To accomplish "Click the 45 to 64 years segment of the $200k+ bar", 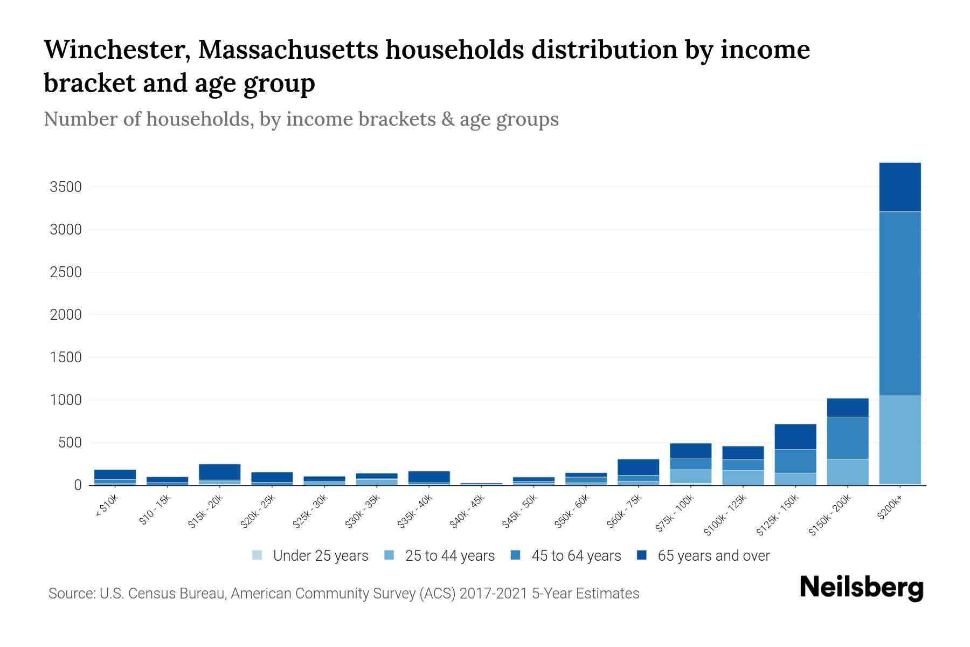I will (899, 304).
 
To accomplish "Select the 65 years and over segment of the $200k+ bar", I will (899, 187).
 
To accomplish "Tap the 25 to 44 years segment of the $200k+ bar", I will (899, 440).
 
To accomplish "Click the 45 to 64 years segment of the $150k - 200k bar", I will (847, 438).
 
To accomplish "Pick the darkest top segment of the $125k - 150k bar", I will (795, 437).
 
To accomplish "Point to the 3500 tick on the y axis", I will (65, 187).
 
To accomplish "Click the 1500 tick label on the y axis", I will (65, 357).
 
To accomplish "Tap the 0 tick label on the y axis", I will (78, 485).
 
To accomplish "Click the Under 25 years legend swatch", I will (258, 555).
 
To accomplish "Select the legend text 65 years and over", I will (713, 556).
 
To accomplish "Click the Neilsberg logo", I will (861, 588).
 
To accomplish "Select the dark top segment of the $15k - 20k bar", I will (219, 472).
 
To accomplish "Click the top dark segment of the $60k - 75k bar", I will (638, 467).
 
